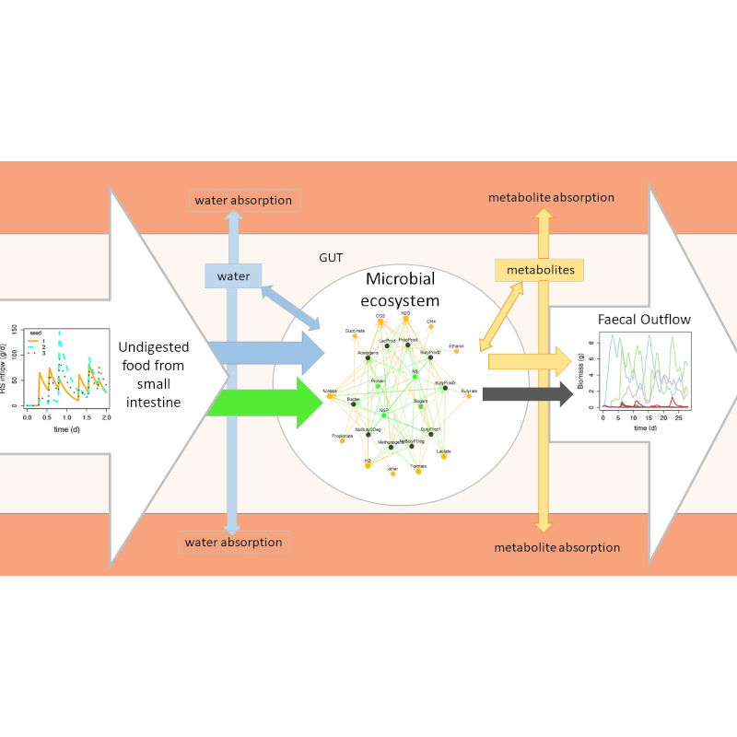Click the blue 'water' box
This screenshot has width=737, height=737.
pyautogui.click(x=233, y=275)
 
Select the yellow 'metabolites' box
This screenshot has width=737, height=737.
pyautogui.click(x=539, y=270)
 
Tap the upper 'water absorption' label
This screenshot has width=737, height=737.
pyautogui.click(x=242, y=200)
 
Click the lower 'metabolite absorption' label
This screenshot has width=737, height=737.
pyautogui.click(x=556, y=547)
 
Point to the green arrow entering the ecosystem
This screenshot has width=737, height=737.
pyautogui.click(x=263, y=403)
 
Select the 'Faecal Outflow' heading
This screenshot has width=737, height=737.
pyautogui.click(x=643, y=320)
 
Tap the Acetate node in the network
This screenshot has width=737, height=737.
pyautogui.click(x=329, y=396)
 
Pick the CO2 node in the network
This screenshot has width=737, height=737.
pyautogui.click(x=380, y=322)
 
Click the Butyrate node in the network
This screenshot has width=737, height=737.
pyautogui.click(x=468, y=396)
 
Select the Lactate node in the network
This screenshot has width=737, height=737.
pyautogui.click(x=444, y=456)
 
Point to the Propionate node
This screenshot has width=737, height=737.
pyautogui.click(x=343, y=440)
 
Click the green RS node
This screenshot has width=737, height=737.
pyautogui.click(x=415, y=377)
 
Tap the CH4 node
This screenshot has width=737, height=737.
pyautogui.click(x=430, y=328)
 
